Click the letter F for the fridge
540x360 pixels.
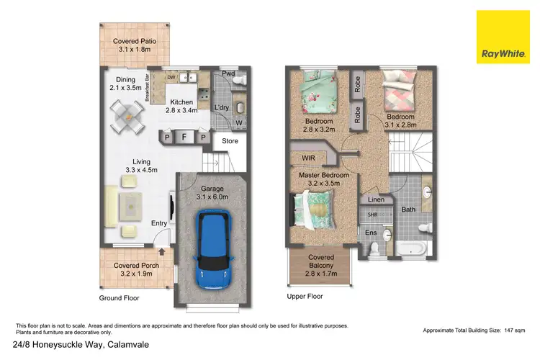pyautogui.click(x=184, y=136)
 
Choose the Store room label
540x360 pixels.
pyautogui.click(x=230, y=141)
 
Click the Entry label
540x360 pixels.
pyautogui.click(x=159, y=223)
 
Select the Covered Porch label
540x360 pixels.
pyautogui.click(x=135, y=269)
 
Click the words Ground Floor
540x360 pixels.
pyautogui.click(x=119, y=298)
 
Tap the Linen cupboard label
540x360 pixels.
pyautogui.click(x=374, y=199)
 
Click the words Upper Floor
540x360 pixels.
pyautogui.click(x=304, y=296)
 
